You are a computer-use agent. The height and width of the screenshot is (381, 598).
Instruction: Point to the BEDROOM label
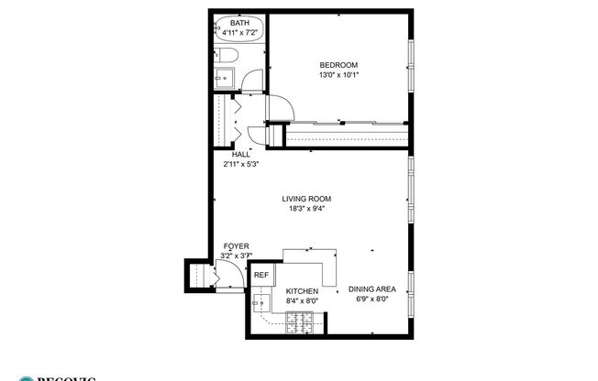pos(338,64)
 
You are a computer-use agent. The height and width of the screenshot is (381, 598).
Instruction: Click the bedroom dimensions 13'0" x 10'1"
pos(338,74)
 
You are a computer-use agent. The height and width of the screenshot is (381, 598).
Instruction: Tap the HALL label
pos(241,155)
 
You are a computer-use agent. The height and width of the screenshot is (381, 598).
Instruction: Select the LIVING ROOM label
pos(305,199)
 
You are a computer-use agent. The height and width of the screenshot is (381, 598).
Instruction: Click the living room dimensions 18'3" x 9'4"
pos(305,209)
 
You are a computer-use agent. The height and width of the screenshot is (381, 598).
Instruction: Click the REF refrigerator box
pos(261,275)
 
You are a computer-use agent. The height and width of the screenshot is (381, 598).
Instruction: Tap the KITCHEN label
pos(301,291)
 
